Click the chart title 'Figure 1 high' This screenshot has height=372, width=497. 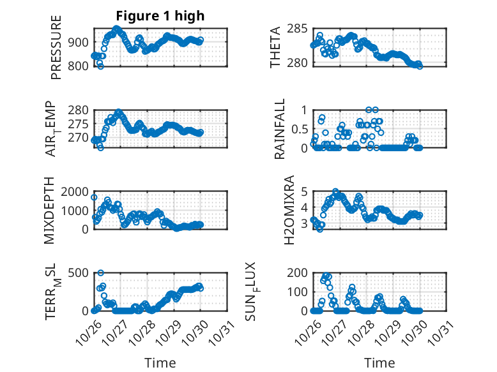pos(160,16)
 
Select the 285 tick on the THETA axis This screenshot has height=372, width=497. pos(302,29)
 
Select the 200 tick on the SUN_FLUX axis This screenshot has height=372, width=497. pos(300,274)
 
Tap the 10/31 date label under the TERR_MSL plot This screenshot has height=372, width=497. pos(223,333)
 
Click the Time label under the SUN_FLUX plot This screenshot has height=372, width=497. pos(379,363)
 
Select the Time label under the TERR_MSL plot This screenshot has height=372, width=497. pos(160,363)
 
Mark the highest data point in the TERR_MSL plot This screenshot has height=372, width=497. pos(100,273)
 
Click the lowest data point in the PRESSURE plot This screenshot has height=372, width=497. pos(100,66)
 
